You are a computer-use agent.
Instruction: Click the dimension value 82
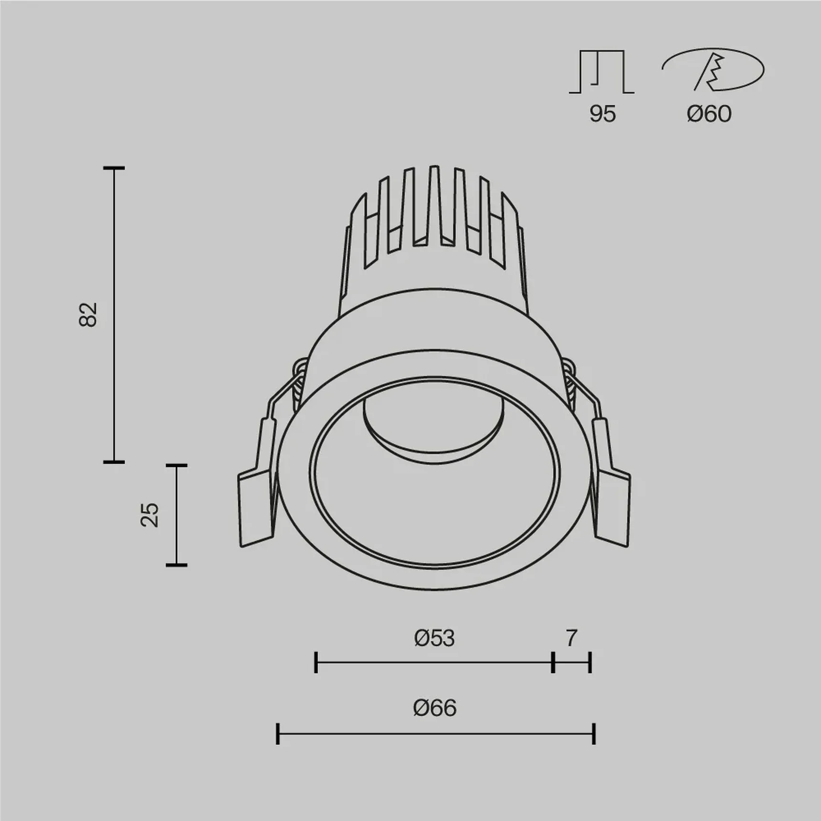click(x=88, y=315)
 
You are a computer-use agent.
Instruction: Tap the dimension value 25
click(x=150, y=515)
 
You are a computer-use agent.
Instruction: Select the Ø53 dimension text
click(x=434, y=638)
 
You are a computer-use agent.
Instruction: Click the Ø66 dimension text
click(x=434, y=707)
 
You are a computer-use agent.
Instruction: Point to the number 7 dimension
click(x=571, y=638)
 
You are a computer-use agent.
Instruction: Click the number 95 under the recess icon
click(x=602, y=114)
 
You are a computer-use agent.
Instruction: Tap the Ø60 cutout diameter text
click(x=709, y=114)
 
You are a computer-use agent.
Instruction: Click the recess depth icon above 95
click(x=601, y=72)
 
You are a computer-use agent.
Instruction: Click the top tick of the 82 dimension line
click(x=114, y=168)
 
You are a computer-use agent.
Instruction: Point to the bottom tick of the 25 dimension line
click(x=176, y=565)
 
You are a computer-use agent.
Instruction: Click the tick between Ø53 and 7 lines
click(x=553, y=663)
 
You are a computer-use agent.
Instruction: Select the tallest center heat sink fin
click(x=433, y=205)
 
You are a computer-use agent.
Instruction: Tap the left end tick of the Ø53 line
click(x=316, y=663)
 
